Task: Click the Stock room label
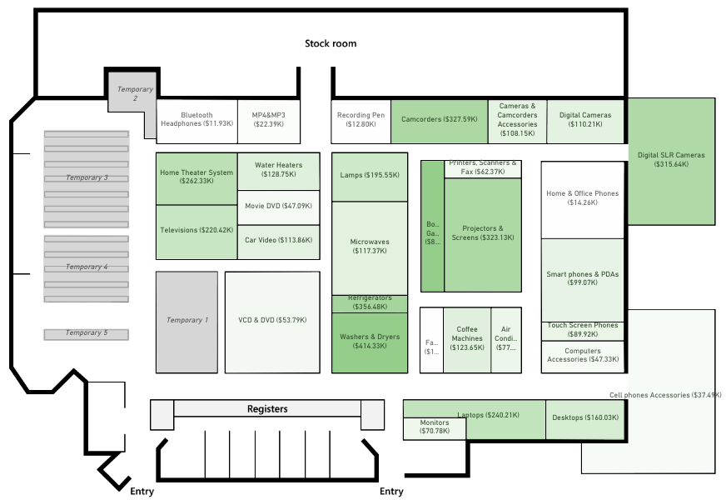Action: point(331,43)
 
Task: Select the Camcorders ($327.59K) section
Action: point(439,119)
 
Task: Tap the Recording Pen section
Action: point(361,119)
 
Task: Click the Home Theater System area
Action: point(196,177)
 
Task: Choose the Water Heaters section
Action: point(278,170)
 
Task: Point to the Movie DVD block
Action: point(278,206)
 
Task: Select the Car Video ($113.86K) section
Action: point(278,240)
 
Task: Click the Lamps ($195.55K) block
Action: point(369,176)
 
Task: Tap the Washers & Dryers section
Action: point(369,341)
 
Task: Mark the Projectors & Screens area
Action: point(482,233)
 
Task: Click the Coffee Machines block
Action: point(466,338)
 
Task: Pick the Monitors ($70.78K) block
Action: point(434,427)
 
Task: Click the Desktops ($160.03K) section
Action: point(584,418)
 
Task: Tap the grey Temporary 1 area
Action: point(186,321)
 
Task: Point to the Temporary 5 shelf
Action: point(87,333)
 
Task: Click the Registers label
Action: point(267,409)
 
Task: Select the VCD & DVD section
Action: point(272,321)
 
